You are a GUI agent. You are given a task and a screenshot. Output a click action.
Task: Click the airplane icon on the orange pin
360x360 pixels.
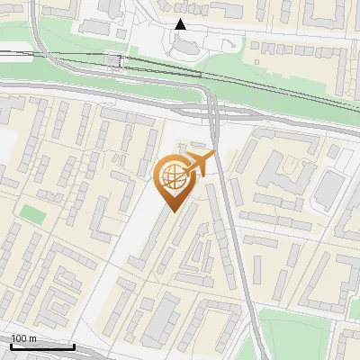(x=200, y=164)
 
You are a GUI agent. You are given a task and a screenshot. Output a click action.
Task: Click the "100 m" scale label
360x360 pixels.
(x=23, y=338)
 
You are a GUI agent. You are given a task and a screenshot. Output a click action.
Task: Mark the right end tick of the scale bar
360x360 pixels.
(x=74, y=345)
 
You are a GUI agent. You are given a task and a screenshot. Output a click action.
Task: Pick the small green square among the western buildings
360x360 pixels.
(x=32, y=215)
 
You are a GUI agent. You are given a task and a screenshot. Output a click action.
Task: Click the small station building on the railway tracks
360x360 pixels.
(x=113, y=61)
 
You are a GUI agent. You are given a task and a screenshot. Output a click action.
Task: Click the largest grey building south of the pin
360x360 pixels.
(x=161, y=319)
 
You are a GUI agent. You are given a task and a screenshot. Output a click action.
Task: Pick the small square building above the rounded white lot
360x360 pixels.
(x=334, y=153)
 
